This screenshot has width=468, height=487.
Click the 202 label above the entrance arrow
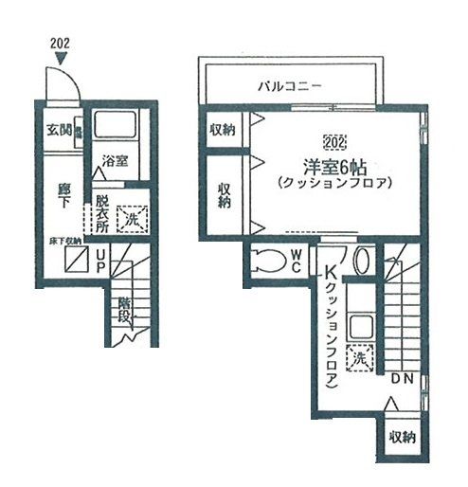[x=60, y=43]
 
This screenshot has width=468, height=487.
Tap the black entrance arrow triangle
[x=61, y=59]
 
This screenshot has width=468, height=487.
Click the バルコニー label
[x=291, y=87]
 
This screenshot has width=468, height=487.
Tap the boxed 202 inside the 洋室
[x=333, y=143]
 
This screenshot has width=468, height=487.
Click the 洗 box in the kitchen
[x=358, y=359]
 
